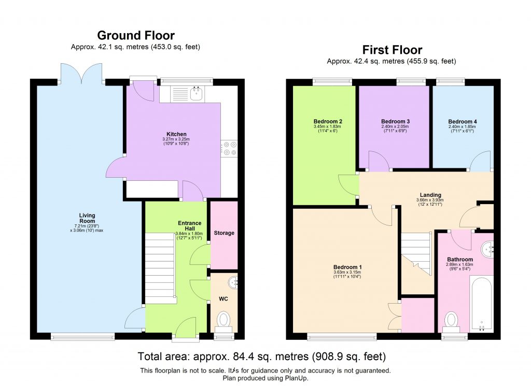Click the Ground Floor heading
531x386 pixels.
136,35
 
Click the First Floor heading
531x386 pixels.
392,50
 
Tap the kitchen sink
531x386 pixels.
197,94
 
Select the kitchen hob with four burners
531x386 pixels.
229,148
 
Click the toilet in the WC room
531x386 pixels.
223,319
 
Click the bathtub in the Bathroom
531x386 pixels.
481,303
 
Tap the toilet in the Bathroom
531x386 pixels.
451,320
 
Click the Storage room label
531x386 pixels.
224,233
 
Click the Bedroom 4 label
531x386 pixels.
463,122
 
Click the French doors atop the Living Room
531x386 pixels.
81,74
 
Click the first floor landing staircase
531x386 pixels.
417,254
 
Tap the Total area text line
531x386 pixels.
262,356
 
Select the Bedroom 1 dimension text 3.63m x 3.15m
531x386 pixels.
347,272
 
